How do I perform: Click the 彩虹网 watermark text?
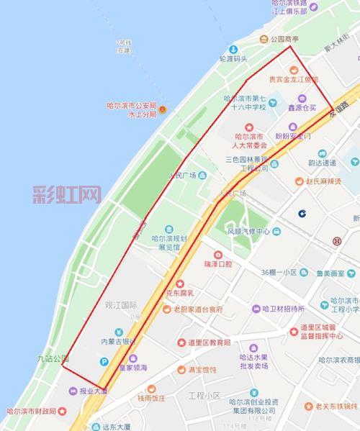[66, 194]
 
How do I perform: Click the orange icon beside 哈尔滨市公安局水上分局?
[163, 110]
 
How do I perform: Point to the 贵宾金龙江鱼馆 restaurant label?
[292, 80]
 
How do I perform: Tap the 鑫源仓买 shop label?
[302, 107]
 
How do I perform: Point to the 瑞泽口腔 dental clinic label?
[217, 264]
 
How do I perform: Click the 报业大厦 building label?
[93, 391]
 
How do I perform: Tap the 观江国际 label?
[120, 305]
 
